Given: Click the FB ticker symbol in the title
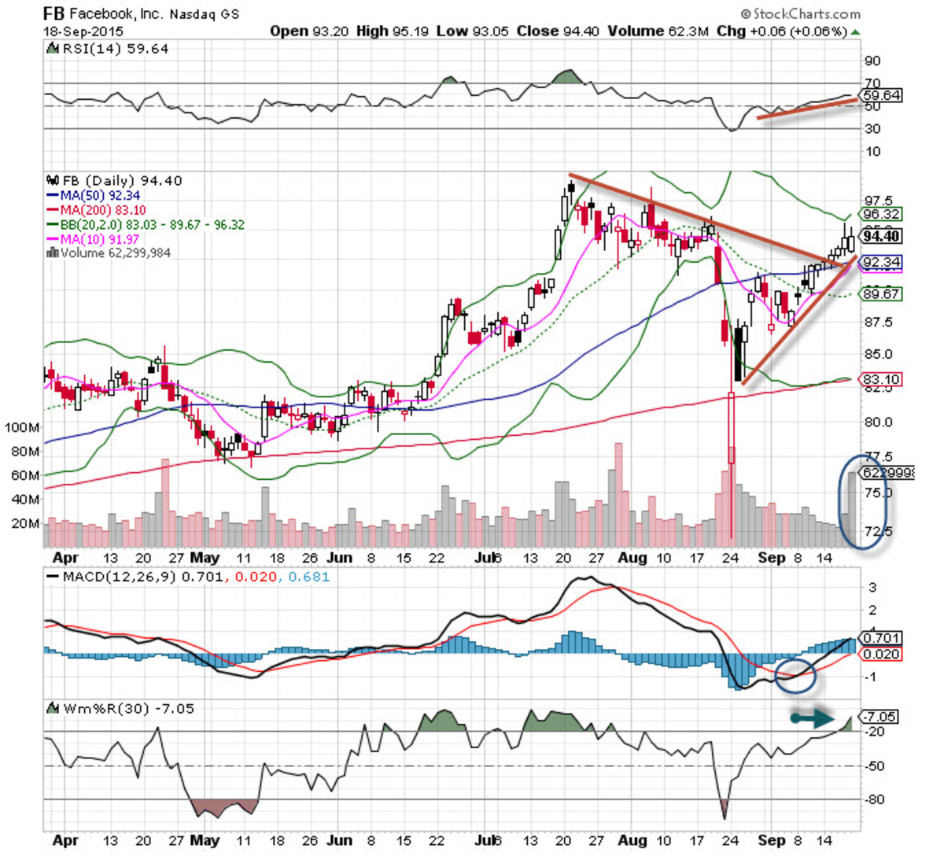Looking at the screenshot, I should [53, 13].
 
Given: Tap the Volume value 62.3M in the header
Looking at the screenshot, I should [691, 31].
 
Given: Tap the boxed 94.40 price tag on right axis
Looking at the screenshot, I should [881, 236].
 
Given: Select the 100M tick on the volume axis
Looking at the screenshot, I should [22, 427].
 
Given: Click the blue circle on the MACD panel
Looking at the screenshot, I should [795, 674].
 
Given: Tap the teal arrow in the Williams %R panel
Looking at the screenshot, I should [813, 718].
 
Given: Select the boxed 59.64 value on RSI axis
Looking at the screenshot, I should [881, 95].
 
